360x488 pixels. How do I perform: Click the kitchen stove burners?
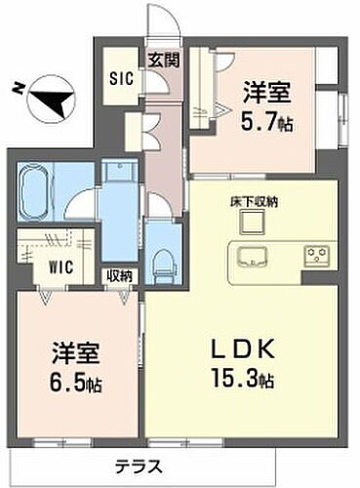[x=318, y=258]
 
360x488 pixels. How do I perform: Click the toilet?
[x=162, y=260]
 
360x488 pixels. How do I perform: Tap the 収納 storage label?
[x=119, y=276]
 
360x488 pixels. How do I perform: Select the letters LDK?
[x=241, y=348]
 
